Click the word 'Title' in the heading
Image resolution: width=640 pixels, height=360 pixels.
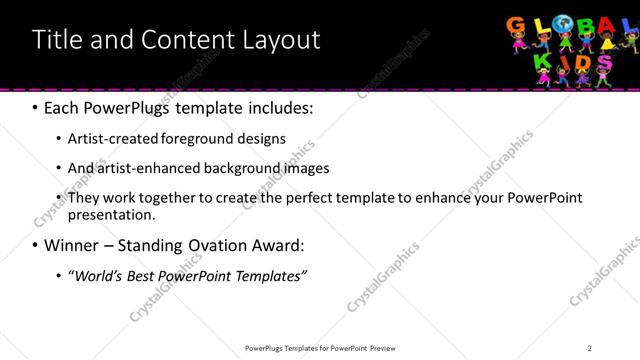[x=56, y=40]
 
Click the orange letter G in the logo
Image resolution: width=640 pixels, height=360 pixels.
[x=518, y=27]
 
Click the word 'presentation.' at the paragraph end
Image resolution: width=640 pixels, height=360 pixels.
[x=112, y=215]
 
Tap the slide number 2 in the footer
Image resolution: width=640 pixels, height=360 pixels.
[x=590, y=347]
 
